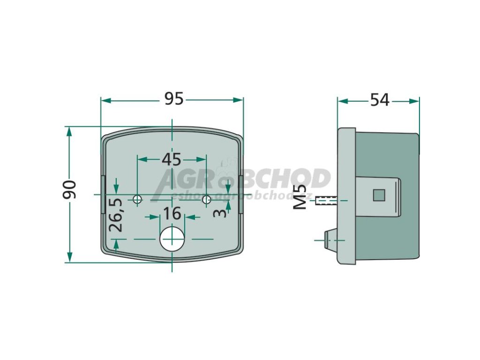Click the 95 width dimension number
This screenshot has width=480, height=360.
click(x=173, y=99)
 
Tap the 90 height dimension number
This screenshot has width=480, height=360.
click(x=70, y=189)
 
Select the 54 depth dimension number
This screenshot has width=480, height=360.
click(x=380, y=99)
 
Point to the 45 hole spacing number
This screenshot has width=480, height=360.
click(x=171, y=159)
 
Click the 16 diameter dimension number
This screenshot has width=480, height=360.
click(x=172, y=214)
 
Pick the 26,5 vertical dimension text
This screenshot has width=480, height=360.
click(x=116, y=215)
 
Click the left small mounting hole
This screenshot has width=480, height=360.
click(x=137, y=200)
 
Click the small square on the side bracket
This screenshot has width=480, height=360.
click(x=379, y=194)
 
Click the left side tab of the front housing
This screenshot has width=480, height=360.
click(x=103, y=194)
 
